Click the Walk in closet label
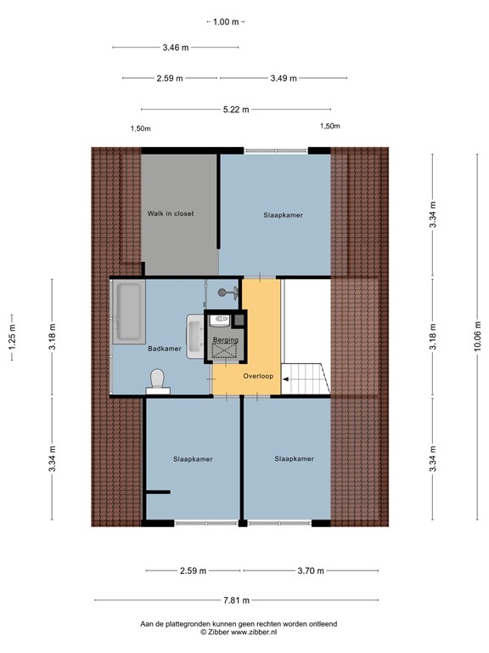(x=170, y=213)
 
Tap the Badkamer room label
(x=164, y=348)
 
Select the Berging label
(x=226, y=340)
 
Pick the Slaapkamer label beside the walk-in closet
(x=283, y=215)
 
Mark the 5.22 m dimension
(x=236, y=109)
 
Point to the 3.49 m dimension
(x=284, y=78)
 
